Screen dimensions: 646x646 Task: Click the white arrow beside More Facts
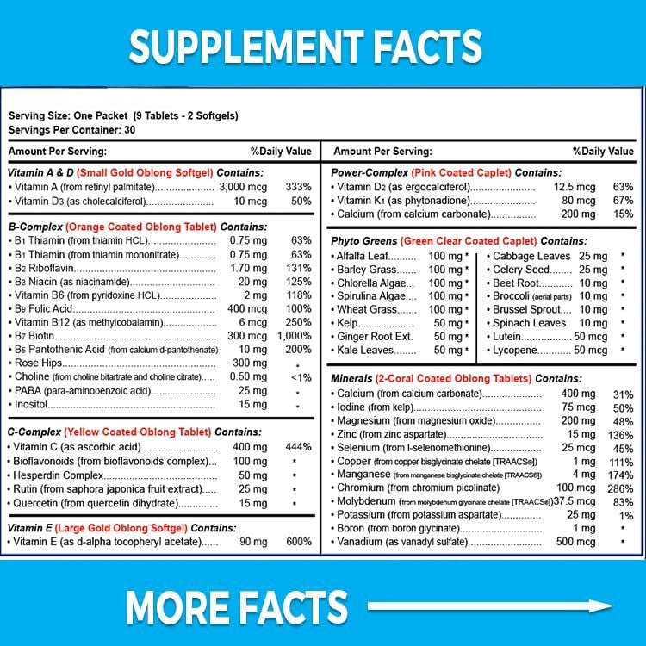491,607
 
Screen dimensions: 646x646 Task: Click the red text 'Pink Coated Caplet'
459,171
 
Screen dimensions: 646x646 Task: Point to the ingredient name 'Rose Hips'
40,363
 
